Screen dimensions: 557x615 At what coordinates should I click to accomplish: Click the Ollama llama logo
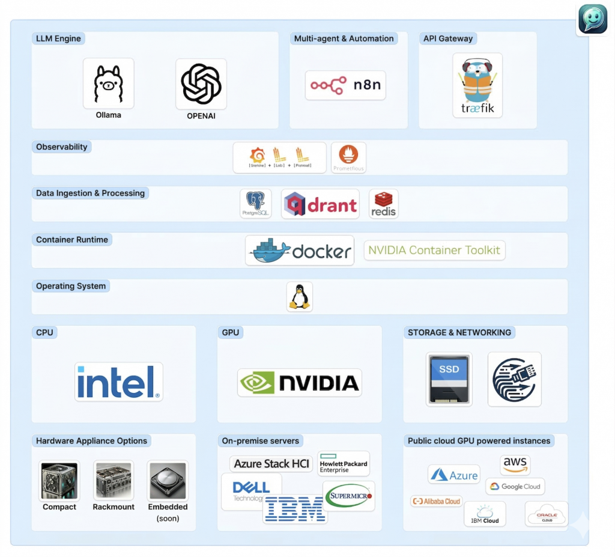[x=109, y=84]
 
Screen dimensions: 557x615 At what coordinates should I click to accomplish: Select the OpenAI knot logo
[x=201, y=84]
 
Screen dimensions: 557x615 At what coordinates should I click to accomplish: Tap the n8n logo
[x=345, y=85]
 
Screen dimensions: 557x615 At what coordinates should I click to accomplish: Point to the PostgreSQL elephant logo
[x=256, y=204]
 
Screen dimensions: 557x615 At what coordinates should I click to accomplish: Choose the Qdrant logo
[x=320, y=204]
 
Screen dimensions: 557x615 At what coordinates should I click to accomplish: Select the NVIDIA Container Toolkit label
[x=434, y=251]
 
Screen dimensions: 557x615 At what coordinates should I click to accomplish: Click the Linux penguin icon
[x=299, y=297]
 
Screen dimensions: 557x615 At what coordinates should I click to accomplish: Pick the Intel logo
[x=119, y=382]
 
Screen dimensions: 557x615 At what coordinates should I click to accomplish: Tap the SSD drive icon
[x=449, y=379]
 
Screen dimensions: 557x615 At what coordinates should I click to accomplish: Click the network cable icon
[x=514, y=379]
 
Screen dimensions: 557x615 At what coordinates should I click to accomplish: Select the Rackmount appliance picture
[x=114, y=481]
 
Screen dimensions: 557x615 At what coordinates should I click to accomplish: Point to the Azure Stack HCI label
[x=272, y=464]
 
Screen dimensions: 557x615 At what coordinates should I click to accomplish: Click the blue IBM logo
[x=294, y=509]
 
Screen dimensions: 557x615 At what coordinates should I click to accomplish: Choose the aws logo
[x=515, y=464]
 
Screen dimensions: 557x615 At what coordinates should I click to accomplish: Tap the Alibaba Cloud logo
[x=436, y=501]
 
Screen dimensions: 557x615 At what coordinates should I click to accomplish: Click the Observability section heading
[x=62, y=147]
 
